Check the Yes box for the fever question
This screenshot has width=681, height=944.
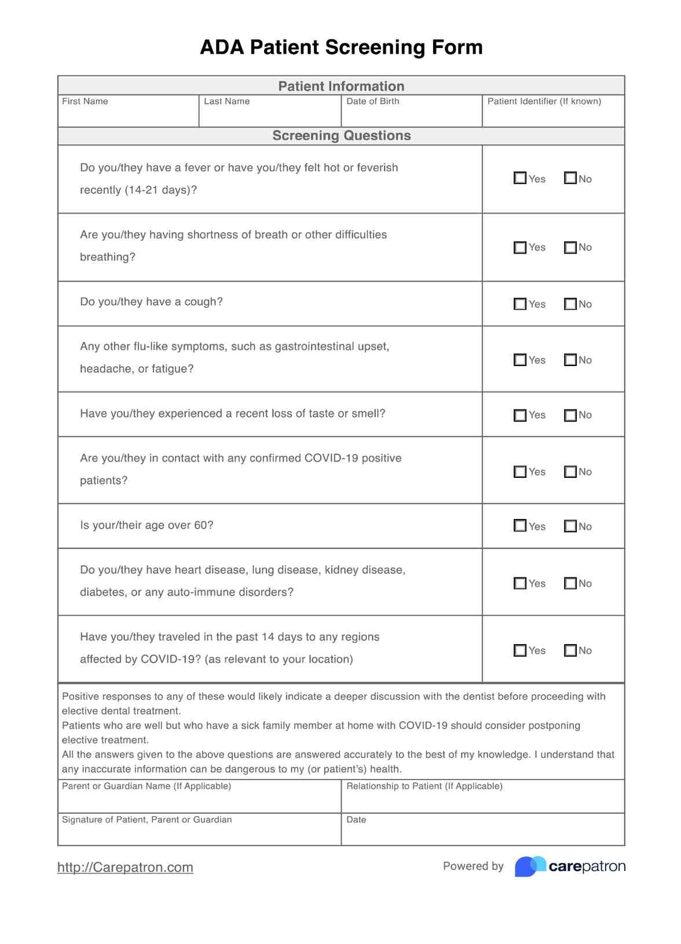pyautogui.click(x=520, y=178)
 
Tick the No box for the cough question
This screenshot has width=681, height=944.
pyautogui.click(x=570, y=304)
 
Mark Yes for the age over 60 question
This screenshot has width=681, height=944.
pyautogui.click(x=520, y=526)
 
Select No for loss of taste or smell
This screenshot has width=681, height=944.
pyautogui.click(x=570, y=415)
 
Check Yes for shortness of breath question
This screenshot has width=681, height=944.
pyautogui.click(x=520, y=247)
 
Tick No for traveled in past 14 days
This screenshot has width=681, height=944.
pyautogui.click(x=570, y=650)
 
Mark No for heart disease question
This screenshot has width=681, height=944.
pyautogui.click(x=570, y=583)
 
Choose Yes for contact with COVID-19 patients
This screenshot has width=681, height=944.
pyautogui.click(x=520, y=471)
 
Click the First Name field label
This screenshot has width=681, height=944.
pyautogui.click(x=85, y=101)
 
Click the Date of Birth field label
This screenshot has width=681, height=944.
pyautogui.click(x=372, y=101)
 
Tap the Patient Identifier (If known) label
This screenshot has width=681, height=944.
pyautogui.click(x=544, y=101)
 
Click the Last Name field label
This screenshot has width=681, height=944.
pyautogui.click(x=226, y=101)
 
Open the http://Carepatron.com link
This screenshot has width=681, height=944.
pyautogui.click(x=125, y=867)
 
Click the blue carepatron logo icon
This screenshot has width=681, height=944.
pyautogui.click(x=529, y=866)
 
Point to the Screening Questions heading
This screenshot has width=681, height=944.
pyautogui.click(x=341, y=136)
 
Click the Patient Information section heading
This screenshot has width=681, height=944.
pyautogui.click(x=341, y=86)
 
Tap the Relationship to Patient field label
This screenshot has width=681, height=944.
pyautogui.click(x=424, y=786)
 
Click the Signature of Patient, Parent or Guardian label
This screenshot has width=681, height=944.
pyautogui.click(x=147, y=819)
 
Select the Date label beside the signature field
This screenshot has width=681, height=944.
pyautogui.click(x=356, y=819)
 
